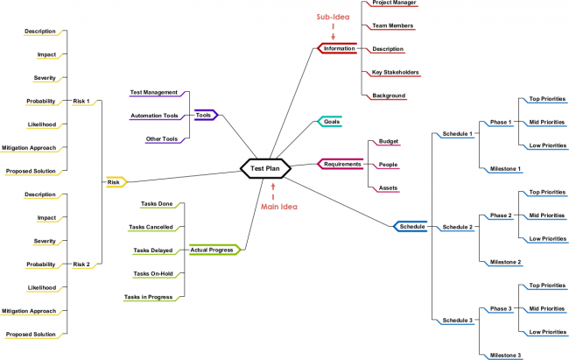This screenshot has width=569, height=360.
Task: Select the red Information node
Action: point(339,49)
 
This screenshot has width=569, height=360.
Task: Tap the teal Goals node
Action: point(331,121)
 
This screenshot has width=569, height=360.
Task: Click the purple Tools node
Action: point(204,115)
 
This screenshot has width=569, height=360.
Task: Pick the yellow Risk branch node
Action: point(115,182)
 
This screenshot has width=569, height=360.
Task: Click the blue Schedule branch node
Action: point(411,227)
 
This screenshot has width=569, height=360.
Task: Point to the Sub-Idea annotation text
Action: point(333,18)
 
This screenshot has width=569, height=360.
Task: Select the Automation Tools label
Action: point(154,116)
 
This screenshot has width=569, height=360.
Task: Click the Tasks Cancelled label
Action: point(151,227)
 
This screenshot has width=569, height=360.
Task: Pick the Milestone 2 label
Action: point(505,262)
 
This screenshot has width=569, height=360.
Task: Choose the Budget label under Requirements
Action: point(388,141)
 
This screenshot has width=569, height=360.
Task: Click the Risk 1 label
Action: point(81,101)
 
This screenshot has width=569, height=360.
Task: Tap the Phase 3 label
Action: point(500,308)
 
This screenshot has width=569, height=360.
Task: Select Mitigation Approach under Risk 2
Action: point(30,310)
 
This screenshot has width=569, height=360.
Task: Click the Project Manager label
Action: point(394,3)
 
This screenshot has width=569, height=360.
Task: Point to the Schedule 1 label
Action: point(457,134)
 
